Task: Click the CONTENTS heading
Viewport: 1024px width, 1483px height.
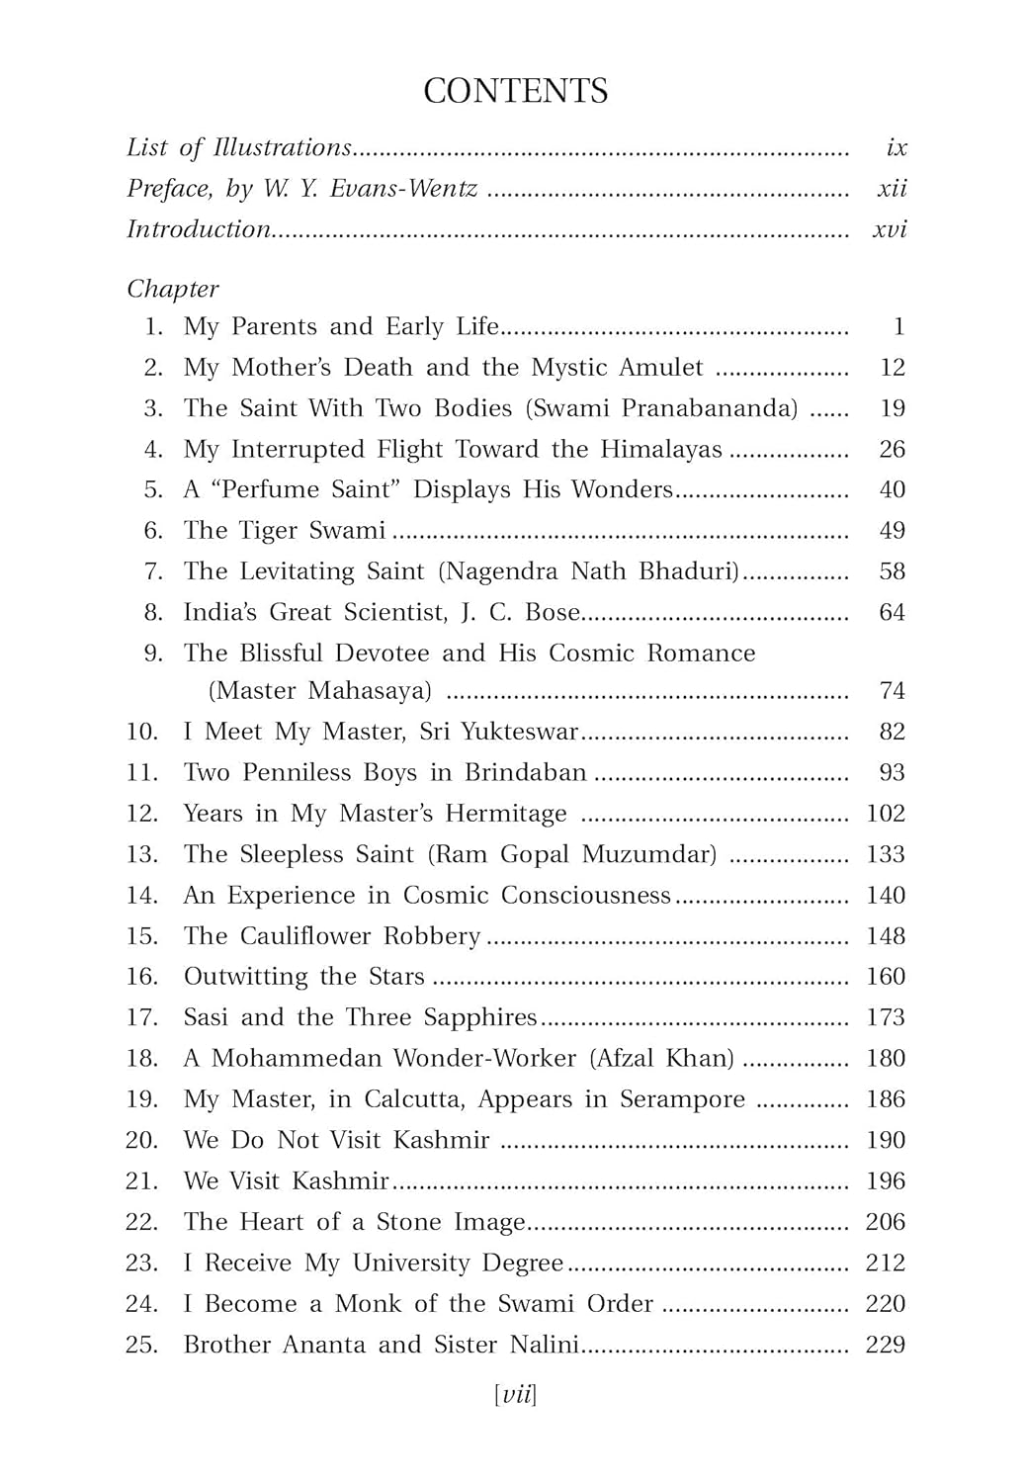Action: coord(515,91)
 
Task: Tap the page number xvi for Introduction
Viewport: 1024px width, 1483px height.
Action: coord(890,229)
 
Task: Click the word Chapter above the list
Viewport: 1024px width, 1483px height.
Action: coord(172,290)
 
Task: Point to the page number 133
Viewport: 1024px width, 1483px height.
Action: coord(885,854)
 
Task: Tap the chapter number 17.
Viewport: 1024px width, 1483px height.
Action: coord(141,1017)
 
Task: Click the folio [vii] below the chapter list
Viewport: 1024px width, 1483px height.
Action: coord(515,1395)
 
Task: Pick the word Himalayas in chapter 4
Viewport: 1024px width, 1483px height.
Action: coord(661,450)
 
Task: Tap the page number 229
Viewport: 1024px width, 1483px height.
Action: coord(885,1345)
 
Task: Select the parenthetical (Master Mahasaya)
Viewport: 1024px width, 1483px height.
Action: coord(320,691)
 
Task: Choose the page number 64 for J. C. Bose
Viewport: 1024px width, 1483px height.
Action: coord(892,613)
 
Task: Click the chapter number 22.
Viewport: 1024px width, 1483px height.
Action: coord(141,1222)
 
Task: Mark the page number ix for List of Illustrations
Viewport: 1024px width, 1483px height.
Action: coord(896,148)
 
